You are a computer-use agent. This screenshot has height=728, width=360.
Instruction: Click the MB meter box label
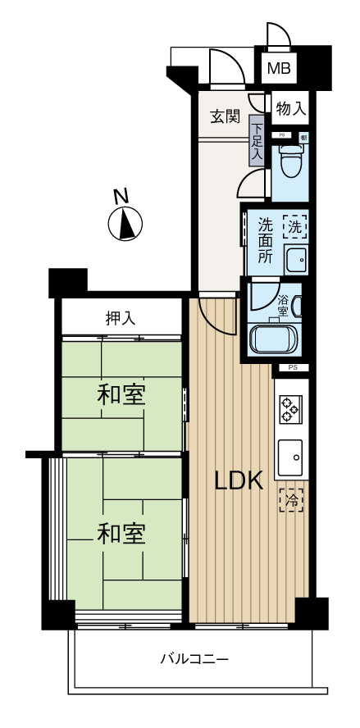(x=280, y=68)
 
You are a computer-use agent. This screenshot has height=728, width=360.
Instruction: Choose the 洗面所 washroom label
(x=267, y=239)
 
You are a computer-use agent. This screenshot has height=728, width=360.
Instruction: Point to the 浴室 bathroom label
(x=283, y=305)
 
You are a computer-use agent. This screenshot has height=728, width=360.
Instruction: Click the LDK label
(x=239, y=481)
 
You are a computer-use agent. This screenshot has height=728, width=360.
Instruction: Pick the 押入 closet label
(x=121, y=318)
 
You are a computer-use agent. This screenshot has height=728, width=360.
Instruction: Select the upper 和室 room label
(x=121, y=395)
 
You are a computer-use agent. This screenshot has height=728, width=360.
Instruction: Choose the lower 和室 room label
(x=121, y=534)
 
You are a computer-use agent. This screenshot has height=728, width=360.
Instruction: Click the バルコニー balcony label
(x=194, y=658)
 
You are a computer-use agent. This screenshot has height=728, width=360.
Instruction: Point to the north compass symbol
(x=125, y=224)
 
